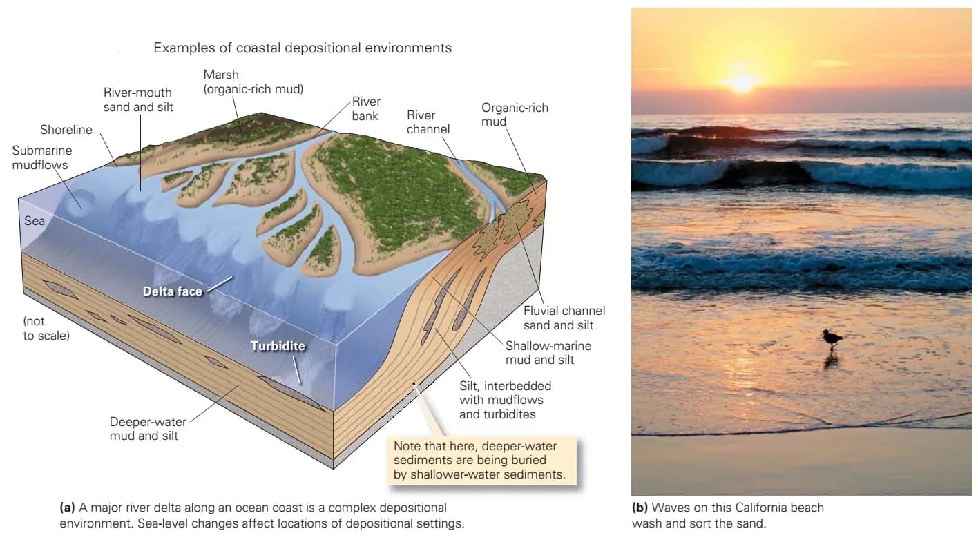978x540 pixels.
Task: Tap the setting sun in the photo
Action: tap(741, 83)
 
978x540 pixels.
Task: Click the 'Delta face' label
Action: tap(173, 291)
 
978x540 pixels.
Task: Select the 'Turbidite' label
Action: tap(278, 346)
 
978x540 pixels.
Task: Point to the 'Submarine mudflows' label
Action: tap(42, 157)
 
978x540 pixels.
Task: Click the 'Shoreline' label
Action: tap(66, 130)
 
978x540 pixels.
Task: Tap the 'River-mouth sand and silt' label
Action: tap(138, 99)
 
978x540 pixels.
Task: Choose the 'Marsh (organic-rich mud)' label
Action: tap(253, 81)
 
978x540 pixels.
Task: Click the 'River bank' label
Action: tap(366, 108)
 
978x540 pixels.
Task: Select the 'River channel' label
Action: tap(428, 122)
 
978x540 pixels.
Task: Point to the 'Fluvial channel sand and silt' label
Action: tap(564, 318)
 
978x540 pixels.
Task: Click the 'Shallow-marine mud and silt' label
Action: tap(548, 353)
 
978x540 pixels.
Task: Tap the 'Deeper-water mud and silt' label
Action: tap(148, 429)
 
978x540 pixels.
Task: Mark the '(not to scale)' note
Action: tap(46, 328)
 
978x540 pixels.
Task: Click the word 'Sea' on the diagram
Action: tap(35, 221)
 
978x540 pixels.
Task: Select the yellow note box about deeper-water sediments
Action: tap(481, 461)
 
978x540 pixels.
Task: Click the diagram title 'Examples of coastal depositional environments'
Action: tap(302, 48)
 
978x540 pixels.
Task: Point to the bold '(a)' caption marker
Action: tap(67, 508)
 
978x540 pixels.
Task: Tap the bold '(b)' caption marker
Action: tap(640, 508)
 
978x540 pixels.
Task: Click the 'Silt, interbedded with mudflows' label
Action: tap(505, 393)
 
